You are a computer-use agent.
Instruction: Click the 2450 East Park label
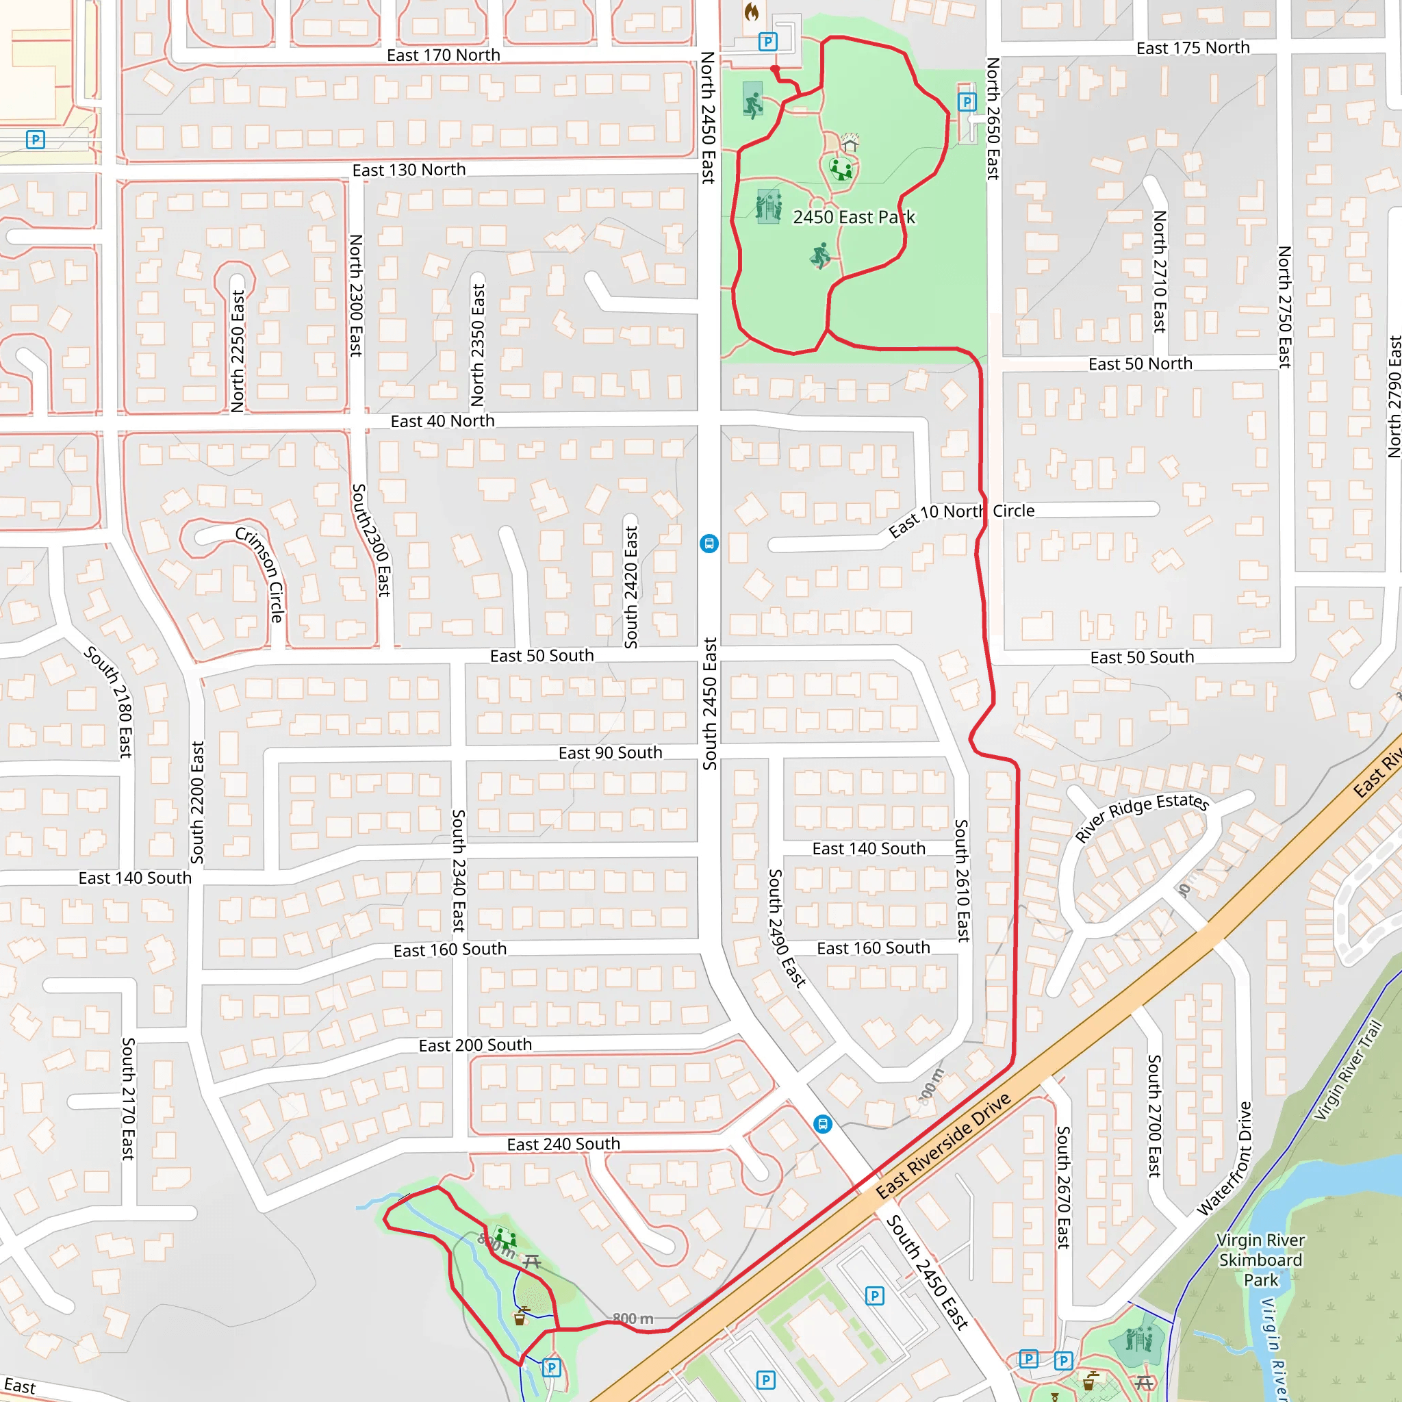coord(854,217)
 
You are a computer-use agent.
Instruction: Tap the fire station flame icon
coord(751,12)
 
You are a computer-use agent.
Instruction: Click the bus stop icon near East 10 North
coord(709,544)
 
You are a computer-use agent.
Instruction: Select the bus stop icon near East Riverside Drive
coord(822,1124)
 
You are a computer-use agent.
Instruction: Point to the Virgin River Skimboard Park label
coord(1260,1260)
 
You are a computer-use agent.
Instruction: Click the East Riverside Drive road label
coord(943,1146)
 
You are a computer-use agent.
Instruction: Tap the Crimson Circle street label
coord(259,574)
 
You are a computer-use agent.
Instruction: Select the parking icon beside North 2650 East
coord(967,101)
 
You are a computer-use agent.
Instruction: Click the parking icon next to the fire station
coord(767,41)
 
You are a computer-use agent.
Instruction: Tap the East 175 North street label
coord(1193,48)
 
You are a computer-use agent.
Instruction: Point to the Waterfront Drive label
coord(1234,1158)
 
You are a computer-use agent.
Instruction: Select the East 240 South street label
coord(563,1145)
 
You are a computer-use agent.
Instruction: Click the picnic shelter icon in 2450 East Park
coord(850,142)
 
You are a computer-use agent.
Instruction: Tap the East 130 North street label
coord(409,170)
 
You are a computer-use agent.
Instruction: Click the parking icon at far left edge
coord(35,140)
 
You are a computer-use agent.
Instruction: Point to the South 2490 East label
coord(787,928)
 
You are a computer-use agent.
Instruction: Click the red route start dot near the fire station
coord(775,70)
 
